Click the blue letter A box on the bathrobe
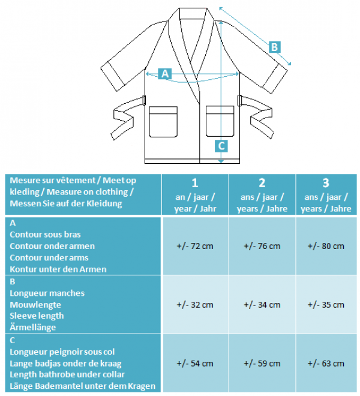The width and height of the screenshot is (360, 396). pyautogui.click(x=165, y=74)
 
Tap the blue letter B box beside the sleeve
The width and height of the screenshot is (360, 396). pyautogui.click(x=275, y=47)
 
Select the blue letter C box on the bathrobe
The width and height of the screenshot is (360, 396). pyautogui.click(x=221, y=146)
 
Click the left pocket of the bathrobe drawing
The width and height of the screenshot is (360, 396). pyautogui.click(x=163, y=122)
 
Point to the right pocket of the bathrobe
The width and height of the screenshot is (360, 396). pyautogui.click(x=220, y=121)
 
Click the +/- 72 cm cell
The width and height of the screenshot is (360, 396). pyautogui.click(x=195, y=246)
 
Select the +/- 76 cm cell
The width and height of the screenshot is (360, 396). pyautogui.click(x=262, y=246)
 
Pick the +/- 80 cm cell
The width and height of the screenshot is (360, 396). pyautogui.click(x=326, y=246)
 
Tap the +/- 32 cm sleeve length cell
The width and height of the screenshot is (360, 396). pyautogui.click(x=195, y=305)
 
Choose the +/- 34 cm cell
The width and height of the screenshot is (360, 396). pyautogui.click(x=262, y=305)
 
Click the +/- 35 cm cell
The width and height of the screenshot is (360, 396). pyautogui.click(x=326, y=305)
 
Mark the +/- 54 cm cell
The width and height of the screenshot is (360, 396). pyautogui.click(x=195, y=364)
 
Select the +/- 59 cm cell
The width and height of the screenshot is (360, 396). pyautogui.click(x=262, y=364)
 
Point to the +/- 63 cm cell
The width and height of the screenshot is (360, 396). pyautogui.click(x=326, y=364)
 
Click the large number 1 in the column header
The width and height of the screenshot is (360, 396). pyautogui.click(x=194, y=183)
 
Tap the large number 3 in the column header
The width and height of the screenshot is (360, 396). pyautogui.click(x=326, y=183)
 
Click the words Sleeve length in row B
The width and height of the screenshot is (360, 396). pyautogui.click(x=37, y=316)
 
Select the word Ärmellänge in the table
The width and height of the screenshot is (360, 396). pyautogui.click(x=33, y=327)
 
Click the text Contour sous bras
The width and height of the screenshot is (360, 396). pyautogui.click(x=45, y=235)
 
